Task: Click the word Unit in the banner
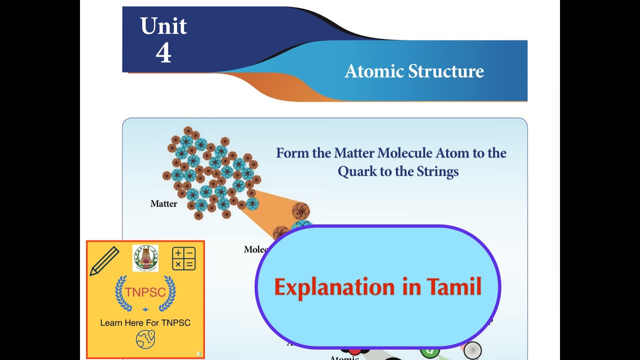(x=163, y=26)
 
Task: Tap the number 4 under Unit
(x=163, y=52)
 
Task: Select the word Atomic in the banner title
(x=374, y=71)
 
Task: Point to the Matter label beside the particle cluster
(x=163, y=204)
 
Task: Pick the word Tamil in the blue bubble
(x=454, y=287)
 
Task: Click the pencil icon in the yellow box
(x=104, y=261)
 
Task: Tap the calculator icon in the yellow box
(x=183, y=258)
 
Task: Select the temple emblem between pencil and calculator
(x=145, y=258)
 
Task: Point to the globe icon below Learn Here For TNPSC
(x=145, y=339)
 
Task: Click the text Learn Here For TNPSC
(x=145, y=323)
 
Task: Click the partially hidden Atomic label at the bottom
(x=344, y=357)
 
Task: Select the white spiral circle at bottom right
(x=472, y=350)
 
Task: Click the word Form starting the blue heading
(x=292, y=153)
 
